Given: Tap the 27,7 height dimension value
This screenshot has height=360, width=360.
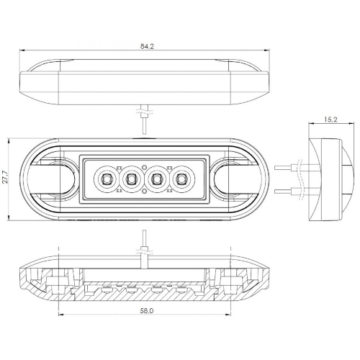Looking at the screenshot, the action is point(5,177).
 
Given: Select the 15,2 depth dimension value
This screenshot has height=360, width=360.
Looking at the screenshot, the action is point(331,120).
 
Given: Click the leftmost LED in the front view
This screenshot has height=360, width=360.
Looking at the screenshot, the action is point(106,179).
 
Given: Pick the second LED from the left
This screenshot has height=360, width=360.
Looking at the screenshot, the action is point(131,179).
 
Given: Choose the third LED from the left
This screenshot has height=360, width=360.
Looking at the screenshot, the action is point(156,179).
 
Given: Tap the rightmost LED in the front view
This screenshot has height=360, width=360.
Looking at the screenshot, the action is point(182,179).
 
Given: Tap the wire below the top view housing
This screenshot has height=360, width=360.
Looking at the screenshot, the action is point(144,120).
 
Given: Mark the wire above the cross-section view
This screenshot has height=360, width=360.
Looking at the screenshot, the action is point(144,250).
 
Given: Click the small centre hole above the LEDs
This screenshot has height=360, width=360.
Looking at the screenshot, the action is point(144,167).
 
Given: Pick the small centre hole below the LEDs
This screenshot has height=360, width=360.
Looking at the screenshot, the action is point(144,191).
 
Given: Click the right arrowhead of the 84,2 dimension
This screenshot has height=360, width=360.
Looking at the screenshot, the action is point(266,50).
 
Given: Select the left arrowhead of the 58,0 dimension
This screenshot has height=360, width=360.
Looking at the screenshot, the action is point(61,315).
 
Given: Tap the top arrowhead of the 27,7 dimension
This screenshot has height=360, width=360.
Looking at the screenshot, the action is point(9,141).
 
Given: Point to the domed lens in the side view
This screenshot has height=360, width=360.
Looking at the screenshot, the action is point(348,179).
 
